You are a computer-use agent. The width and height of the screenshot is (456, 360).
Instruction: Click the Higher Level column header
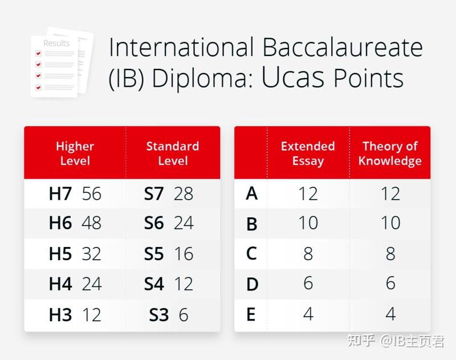[x=75, y=153]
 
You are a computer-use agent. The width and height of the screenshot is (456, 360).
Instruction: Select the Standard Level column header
[x=172, y=153]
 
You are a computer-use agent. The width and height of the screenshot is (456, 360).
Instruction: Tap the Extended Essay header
[x=308, y=153]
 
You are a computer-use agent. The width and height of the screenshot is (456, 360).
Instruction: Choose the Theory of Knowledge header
[x=390, y=153]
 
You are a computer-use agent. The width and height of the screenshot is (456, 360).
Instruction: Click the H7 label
[x=60, y=194]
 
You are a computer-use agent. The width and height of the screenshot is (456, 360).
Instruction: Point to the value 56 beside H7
[x=91, y=194]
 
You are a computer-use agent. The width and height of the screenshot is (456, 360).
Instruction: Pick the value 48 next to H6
[x=91, y=223]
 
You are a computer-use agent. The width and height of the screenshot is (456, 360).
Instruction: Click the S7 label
[x=154, y=194]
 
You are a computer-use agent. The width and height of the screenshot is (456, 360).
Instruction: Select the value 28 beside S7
[x=184, y=194]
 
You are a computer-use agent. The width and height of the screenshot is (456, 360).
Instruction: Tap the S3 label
[x=159, y=314]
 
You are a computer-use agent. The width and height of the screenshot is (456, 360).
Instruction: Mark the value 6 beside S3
[x=183, y=314]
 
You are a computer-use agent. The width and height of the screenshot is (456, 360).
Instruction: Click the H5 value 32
[x=91, y=253]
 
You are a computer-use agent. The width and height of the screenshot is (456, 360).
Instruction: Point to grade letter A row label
[x=251, y=194]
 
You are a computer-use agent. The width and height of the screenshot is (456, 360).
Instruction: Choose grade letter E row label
[x=251, y=314]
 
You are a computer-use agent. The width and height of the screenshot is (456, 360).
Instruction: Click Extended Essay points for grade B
[x=308, y=223]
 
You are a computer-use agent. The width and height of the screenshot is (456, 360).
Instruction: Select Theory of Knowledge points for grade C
[x=390, y=253]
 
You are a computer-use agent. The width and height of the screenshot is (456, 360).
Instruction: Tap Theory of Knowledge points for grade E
[x=390, y=314]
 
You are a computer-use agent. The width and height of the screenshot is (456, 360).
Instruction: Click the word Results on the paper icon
[x=56, y=43]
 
